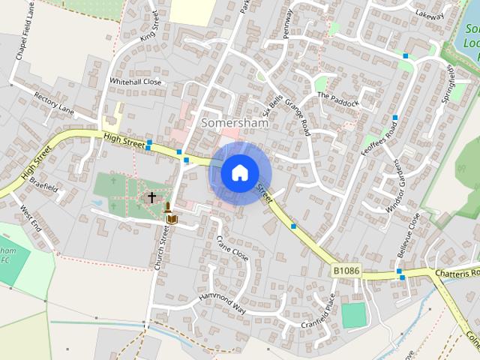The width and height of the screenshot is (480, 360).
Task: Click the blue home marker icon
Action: [238, 173]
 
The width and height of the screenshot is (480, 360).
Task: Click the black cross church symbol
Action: [151, 197]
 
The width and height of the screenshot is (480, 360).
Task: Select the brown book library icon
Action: [172, 218]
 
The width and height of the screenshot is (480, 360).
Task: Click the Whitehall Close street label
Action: [136, 81]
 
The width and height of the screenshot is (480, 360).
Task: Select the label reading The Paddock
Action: [338, 99]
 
